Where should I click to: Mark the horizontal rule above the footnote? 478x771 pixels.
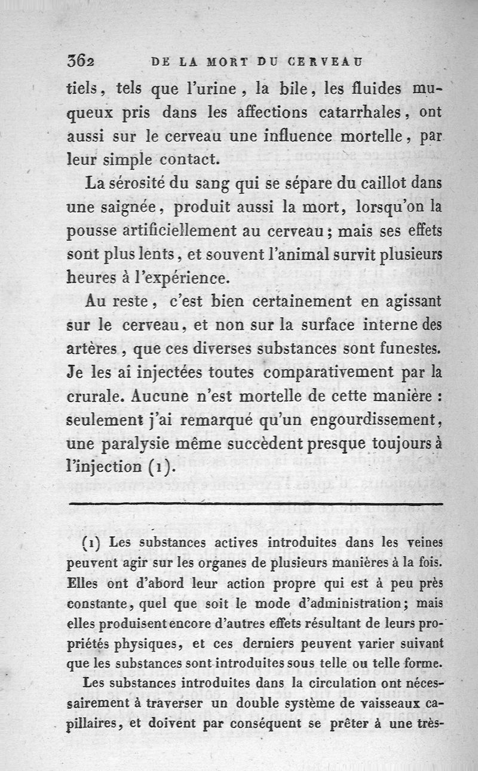coord(256,505)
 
